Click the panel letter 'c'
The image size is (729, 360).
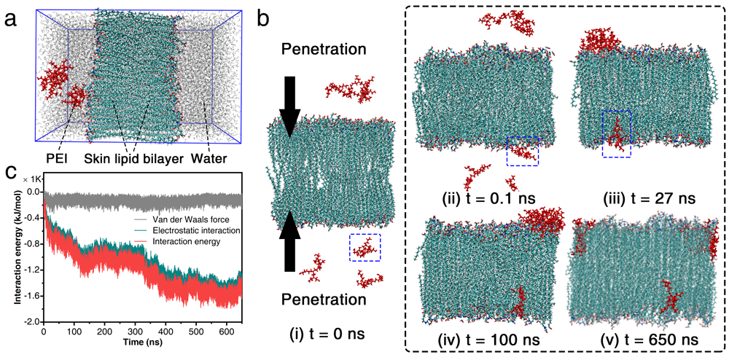(11, 172)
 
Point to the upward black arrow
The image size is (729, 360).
(289, 237)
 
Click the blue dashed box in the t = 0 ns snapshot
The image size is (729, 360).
(364, 247)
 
